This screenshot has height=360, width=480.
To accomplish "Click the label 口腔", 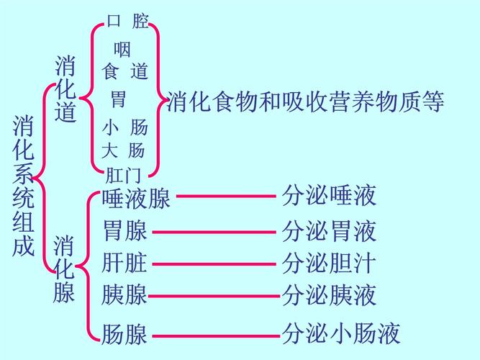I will point(128,22).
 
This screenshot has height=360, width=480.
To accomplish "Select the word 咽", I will point(122,50).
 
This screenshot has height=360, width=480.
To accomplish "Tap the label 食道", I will point(126,71).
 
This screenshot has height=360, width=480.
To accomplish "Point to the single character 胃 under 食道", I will point(118,99).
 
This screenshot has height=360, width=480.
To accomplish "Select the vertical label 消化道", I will point(65,90).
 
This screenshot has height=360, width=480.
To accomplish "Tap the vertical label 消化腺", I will point(64,269).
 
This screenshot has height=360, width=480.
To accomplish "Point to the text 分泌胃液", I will point(329,231).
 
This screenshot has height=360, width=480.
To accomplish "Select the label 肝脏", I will point(124,263).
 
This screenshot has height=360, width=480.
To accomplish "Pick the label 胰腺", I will point(124,294).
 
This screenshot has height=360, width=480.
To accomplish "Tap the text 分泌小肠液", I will point(340,334).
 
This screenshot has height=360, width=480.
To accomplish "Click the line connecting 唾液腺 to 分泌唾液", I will point(227,195).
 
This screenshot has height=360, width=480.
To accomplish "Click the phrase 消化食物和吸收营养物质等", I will point(305,102).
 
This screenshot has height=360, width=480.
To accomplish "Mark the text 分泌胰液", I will point(329,294).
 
